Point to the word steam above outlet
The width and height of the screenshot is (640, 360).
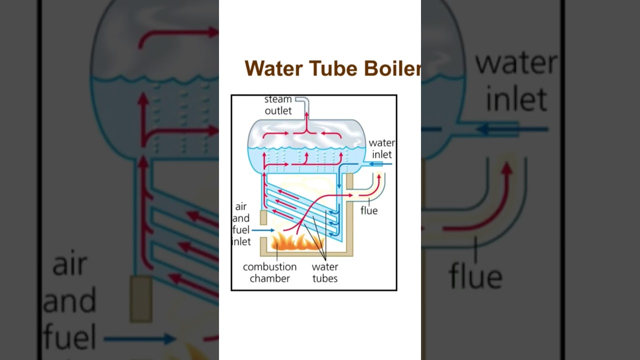coord(278,99)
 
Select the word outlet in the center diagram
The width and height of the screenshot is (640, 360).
coord(278,110)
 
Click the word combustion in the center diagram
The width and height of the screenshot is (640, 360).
coord(269,267)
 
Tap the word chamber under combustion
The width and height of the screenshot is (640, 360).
coord(269,278)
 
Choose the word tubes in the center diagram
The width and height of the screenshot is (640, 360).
coord(325,278)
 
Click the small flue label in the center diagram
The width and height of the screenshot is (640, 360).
coord(369,210)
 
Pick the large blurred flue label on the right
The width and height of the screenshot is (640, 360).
coord(475,276)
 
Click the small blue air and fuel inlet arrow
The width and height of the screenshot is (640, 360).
coord(263,230)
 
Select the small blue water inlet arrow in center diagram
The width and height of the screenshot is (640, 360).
coord(380,163)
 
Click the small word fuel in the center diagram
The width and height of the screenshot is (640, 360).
coord(241,230)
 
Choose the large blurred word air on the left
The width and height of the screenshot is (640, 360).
coord(70,265)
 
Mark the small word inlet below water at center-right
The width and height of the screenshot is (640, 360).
coord(381,154)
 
